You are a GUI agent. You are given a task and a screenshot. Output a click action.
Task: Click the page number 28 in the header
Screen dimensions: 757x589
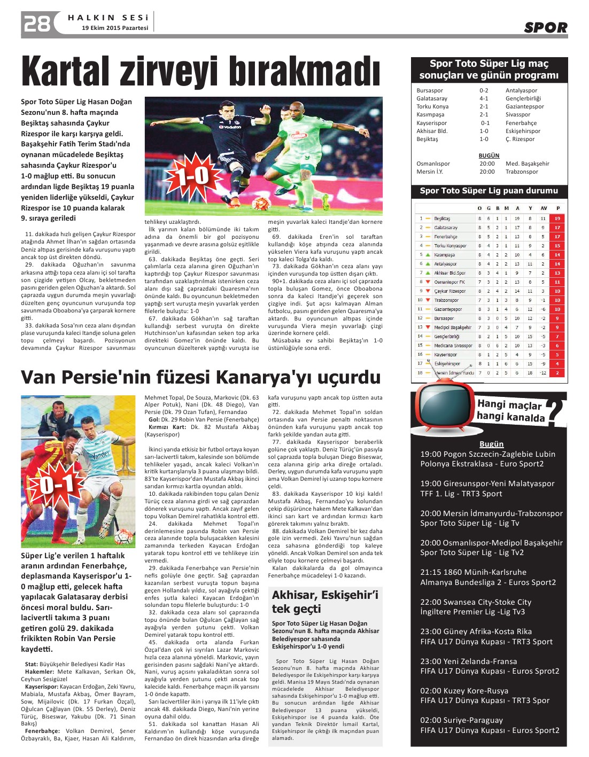(x=36, y=24)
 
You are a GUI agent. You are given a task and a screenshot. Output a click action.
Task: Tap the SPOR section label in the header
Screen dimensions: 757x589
(x=545, y=28)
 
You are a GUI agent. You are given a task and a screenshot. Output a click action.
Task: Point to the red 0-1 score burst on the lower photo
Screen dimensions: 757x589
(x=57, y=484)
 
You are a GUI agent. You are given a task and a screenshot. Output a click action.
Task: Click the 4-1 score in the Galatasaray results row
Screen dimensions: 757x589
(x=484, y=99)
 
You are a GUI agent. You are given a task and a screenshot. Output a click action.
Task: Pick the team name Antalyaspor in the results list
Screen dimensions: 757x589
(x=521, y=91)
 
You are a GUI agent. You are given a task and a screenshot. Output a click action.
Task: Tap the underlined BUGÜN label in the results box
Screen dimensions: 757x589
(x=489, y=156)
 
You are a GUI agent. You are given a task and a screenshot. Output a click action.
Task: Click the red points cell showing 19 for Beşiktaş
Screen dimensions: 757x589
(x=557, y=218)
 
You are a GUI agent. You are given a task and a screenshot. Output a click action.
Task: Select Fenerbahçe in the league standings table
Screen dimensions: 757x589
(x=445, y=237)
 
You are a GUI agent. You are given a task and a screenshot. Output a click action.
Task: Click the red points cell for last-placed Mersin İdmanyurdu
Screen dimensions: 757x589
(x=557, y=373)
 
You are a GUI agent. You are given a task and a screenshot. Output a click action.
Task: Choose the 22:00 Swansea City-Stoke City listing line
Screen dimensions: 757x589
(x=476, y=602)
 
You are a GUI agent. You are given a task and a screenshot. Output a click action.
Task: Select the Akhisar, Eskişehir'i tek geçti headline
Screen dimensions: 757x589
(x=324, y=602)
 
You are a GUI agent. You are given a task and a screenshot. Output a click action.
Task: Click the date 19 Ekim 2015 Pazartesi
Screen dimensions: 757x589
(x=115, y=28)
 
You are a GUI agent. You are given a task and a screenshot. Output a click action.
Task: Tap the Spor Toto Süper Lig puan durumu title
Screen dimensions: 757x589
(x=489, y=191)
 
